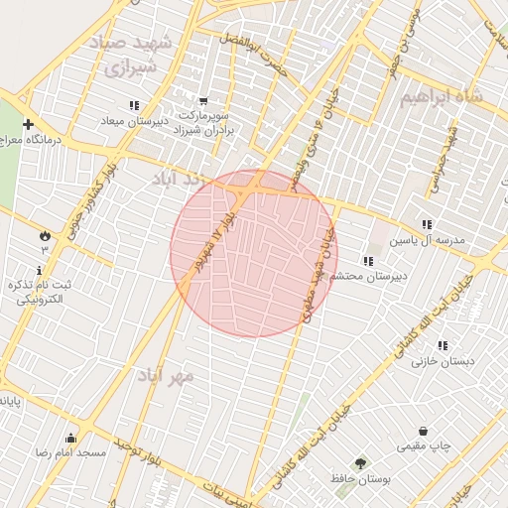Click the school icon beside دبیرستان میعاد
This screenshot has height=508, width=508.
[x=134, y=105]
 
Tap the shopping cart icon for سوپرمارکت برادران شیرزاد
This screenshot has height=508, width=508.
[x=203, y=101]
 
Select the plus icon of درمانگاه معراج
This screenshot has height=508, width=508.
[x=28, y=125]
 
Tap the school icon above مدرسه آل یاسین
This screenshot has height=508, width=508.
[x=427, y=224]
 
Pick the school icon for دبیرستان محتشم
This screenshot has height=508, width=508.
[x=368, y=261]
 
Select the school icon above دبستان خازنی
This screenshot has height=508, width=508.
[x=443, y=345]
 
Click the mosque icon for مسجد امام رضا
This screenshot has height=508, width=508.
[x=70, y=438]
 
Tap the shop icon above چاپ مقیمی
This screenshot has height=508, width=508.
[x=425, y=432]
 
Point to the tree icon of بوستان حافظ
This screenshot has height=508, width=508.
[x=359, y=463]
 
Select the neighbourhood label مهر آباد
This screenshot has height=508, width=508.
[x=168, y=377]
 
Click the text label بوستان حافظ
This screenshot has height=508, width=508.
[x=358, y=480]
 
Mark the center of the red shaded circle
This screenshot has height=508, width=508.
[x=254, y=253]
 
